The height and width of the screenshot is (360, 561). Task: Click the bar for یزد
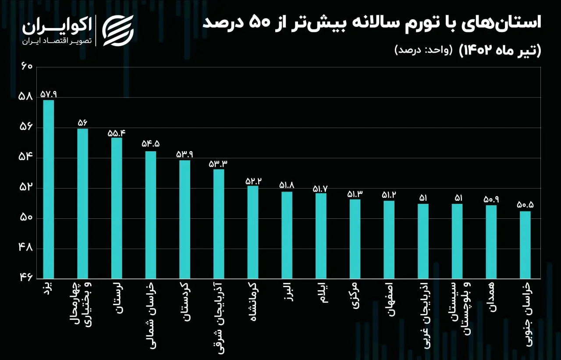[x=48, y=189]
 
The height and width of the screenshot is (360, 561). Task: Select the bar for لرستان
[x=117, y=208]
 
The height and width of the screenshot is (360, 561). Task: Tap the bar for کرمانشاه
[x=253, y=232]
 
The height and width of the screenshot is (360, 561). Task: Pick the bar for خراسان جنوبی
[x=525, y=245]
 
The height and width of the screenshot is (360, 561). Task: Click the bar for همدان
[x=491, y=242]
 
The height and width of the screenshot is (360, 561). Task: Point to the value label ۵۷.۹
[x=49, y=94]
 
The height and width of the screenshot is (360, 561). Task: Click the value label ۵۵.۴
[x=117, y=133]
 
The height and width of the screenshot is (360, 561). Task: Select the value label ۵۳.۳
[x=218, y=164]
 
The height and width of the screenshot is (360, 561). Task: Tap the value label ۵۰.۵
[x=525, y=205]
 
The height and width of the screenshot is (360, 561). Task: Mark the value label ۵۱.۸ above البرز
[x=287, y=185]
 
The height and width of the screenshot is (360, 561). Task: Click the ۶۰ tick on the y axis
[x=27, y=67]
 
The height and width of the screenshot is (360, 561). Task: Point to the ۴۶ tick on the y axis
[x=26, y=278]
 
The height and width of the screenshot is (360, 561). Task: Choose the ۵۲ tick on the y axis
[x=26, y=188]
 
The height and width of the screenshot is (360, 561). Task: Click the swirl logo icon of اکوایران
[x=118, y=31]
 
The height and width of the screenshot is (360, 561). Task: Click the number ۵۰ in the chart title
[x=260, y=23]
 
